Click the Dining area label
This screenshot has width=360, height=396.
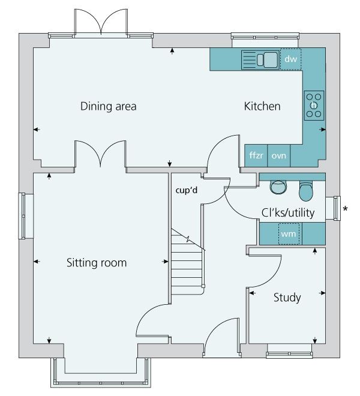[109, 107]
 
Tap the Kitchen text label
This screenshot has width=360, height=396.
[262, 107]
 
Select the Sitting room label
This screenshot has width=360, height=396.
[97, 263]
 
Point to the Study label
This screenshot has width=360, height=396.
[287, 298]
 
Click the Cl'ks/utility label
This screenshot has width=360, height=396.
[287, 212]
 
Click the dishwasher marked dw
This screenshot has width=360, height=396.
[290, 59]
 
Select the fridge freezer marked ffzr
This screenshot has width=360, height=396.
[256, 155]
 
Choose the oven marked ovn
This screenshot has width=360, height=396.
[278, 155]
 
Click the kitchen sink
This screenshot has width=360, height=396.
[260, 59]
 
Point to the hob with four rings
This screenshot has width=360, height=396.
[314, 105]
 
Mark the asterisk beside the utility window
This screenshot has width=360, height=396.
[344, 209]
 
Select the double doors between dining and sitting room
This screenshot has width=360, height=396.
[100, 154]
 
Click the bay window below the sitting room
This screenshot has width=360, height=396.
[100, 375]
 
